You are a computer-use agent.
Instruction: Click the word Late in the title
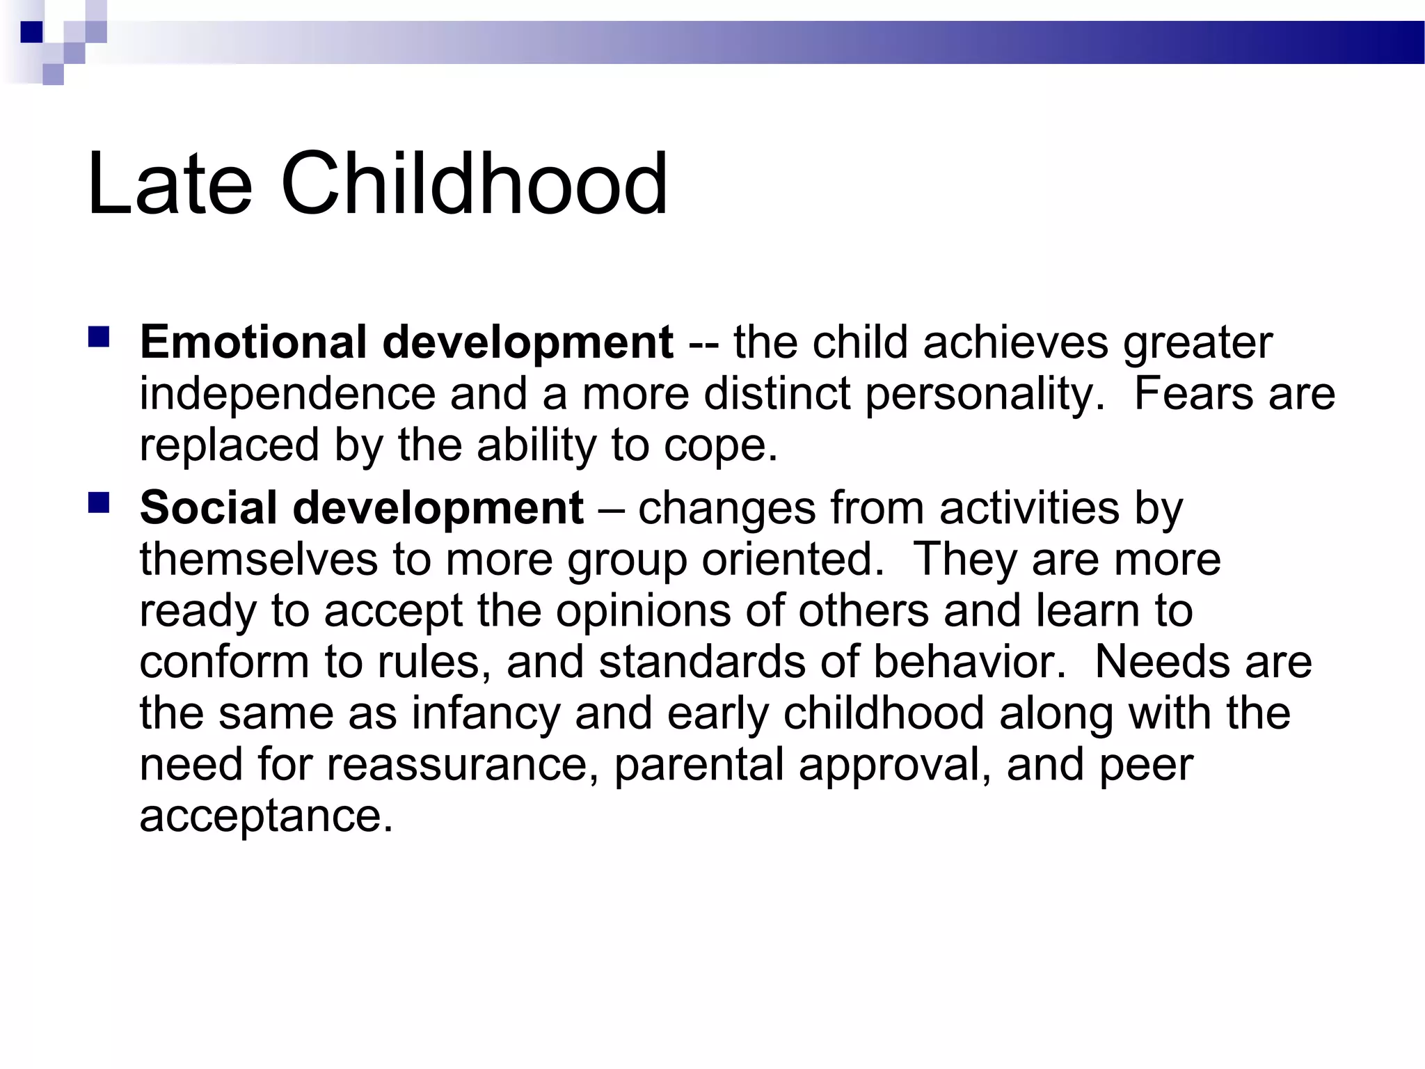tap(169, 184)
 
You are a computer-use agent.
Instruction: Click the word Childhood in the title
tap(473, 184)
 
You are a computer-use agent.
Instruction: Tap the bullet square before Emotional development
tap(99, 338)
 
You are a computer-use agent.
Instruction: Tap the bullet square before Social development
tap(99, 502)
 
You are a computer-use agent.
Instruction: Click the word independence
tap(287, 394)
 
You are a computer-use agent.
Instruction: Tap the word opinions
tap(644, 611)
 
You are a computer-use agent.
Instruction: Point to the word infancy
tap(485, 714)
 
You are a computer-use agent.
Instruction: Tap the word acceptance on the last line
tap(266, 816)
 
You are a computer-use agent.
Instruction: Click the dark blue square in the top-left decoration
tap(32, 32)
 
